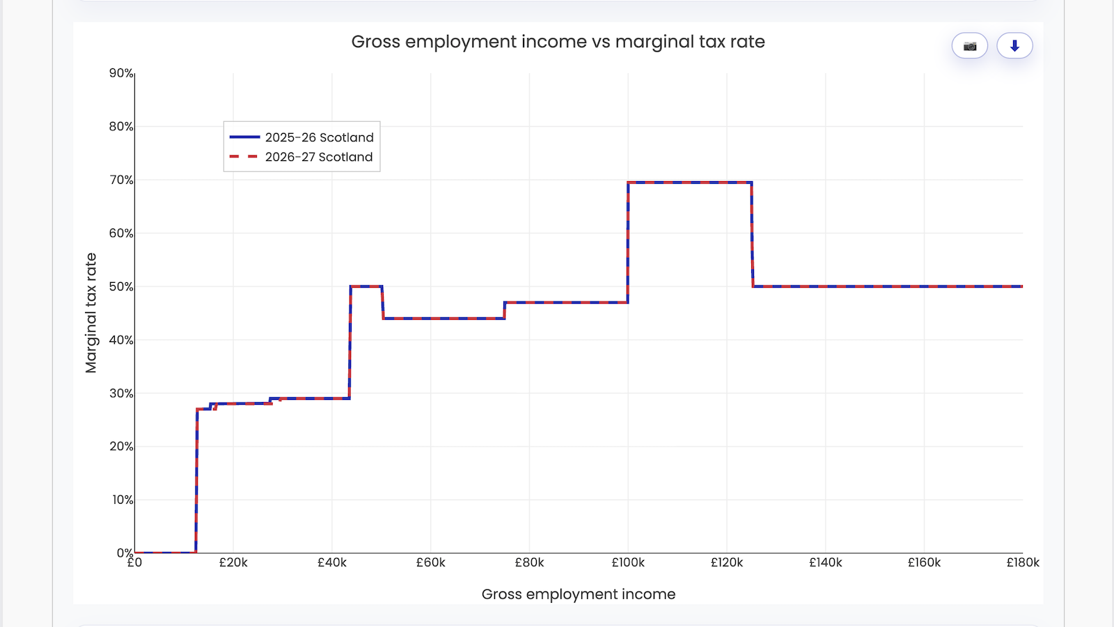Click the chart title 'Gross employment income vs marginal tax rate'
[558, 42]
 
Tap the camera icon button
[970, 46]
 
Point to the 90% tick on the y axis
[121, 73]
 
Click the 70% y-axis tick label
[121, 180]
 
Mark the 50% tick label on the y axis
[121, 286]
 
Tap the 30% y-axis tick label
[121, 393]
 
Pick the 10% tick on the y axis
[123, 500]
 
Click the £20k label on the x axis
[233, 563]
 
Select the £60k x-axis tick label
[430, 563]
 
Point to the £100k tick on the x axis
[628, 563]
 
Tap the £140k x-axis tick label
[825, 563]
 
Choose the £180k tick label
[1022, 563]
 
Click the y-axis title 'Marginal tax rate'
[91, 313]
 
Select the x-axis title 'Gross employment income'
[578, 594]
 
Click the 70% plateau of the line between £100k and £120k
[689, 183]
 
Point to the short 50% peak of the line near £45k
[366, 286]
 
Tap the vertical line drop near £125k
[752, 235]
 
